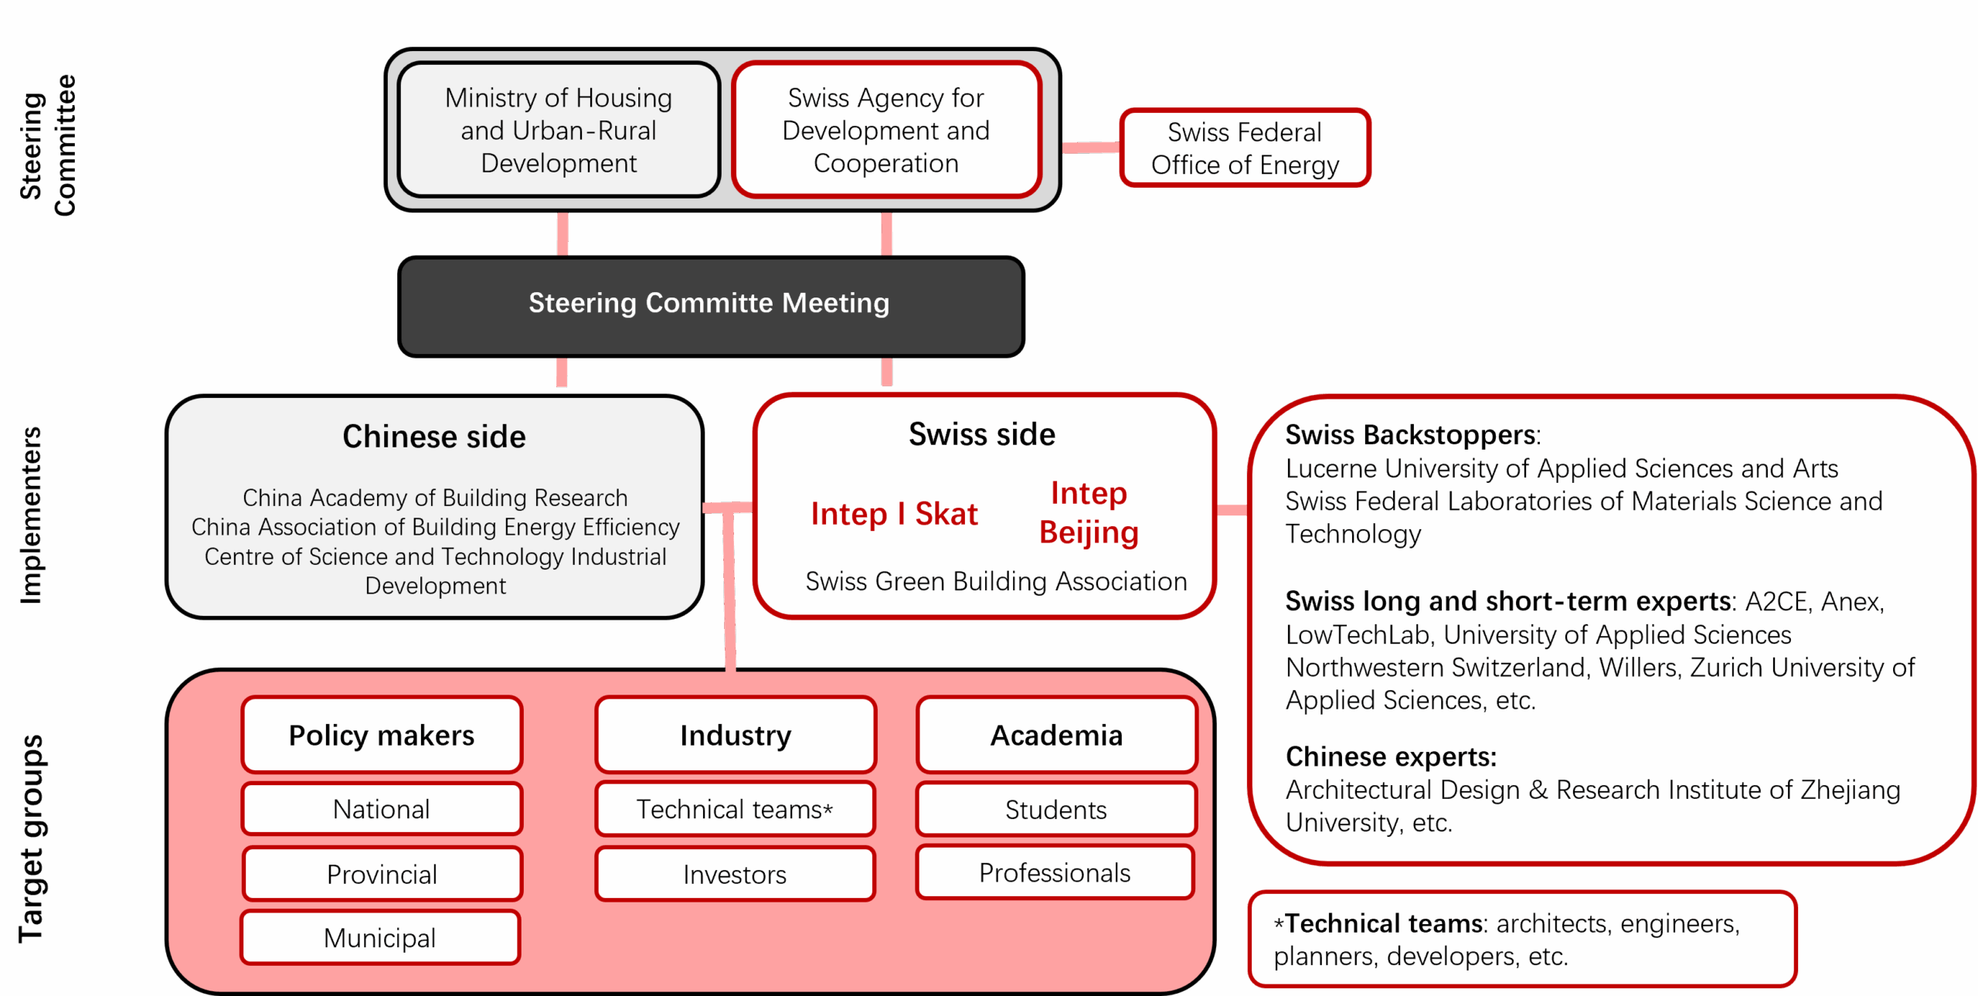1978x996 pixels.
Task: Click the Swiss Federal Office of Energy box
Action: click(x=1244, y=148)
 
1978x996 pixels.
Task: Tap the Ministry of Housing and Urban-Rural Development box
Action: click(x=559, y=130)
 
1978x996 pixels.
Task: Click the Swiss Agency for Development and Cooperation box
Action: click(x=885, y=130)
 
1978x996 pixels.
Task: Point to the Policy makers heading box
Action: click(x=382, y=735)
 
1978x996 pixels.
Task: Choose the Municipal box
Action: click(x=380, y=938)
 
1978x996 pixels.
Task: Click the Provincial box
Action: click(x=382, y=874)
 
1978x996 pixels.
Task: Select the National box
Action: click(x=382, y=809)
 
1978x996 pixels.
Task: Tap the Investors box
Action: click(x=735, y=874)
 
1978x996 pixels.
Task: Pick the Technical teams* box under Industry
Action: click(x=735, y=809)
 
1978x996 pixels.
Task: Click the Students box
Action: click(x=1055, y=809)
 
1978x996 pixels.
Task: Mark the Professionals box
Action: click(x=1055, y=872)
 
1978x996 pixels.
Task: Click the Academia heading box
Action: click(x=1056, y=735)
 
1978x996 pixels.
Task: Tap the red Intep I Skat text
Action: click(x=894, y=514)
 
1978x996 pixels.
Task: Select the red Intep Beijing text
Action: click(x=1089, y=512)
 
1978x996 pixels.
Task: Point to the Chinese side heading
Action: click(x=434, y=437)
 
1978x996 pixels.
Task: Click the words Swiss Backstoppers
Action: click(x=1411, y=435)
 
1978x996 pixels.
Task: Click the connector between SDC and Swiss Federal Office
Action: click(x=1091, y=148)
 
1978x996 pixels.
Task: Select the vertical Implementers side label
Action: click(x=31, y=515)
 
